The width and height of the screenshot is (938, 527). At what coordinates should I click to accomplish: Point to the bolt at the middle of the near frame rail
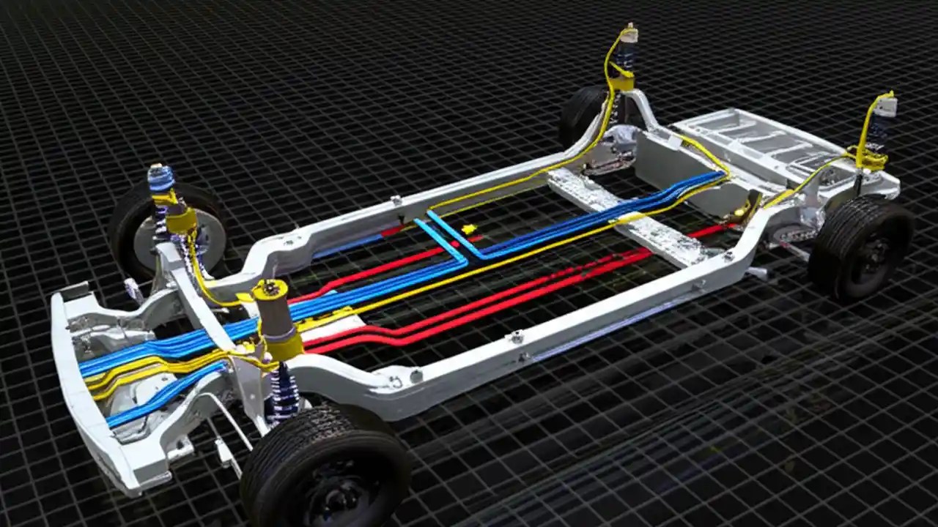tap(517, 337)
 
